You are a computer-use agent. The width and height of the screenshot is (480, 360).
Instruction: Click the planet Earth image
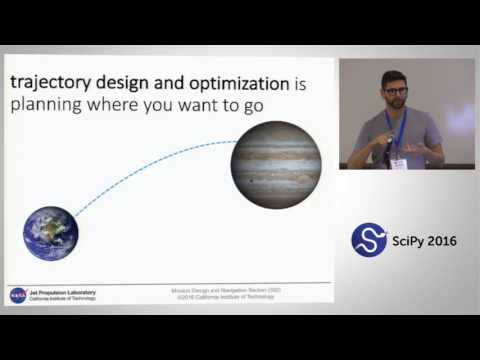(51, 233)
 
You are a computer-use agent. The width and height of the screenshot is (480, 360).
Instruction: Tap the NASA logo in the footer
(18, 296)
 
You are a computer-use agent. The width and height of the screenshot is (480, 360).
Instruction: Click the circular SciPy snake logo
(368, 239)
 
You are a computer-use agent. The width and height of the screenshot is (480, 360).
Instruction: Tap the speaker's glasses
(396, 91)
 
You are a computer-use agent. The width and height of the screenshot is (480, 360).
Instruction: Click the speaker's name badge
(398, 162)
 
